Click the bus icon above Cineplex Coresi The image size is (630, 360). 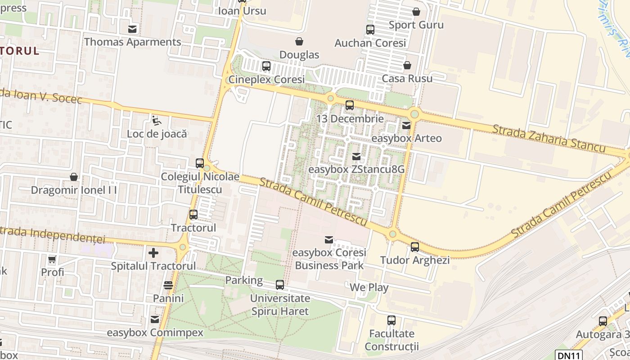266,66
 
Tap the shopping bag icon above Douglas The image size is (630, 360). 299,42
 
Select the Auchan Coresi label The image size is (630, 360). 370,43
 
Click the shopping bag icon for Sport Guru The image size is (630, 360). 416,12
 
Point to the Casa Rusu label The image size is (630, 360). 407,78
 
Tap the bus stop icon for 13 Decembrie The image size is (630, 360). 349,106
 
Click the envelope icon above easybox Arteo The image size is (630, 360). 406,126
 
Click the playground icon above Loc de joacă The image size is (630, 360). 157,121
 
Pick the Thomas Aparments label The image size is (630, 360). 133,42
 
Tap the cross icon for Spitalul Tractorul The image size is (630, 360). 153,253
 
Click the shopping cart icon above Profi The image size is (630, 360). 52,259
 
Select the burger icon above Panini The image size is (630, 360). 168,285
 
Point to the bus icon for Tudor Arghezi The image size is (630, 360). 414,247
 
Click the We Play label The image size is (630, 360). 369,288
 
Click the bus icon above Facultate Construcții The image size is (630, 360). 391,320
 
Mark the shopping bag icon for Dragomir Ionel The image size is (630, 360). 73,177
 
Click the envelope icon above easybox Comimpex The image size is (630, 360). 155,319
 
